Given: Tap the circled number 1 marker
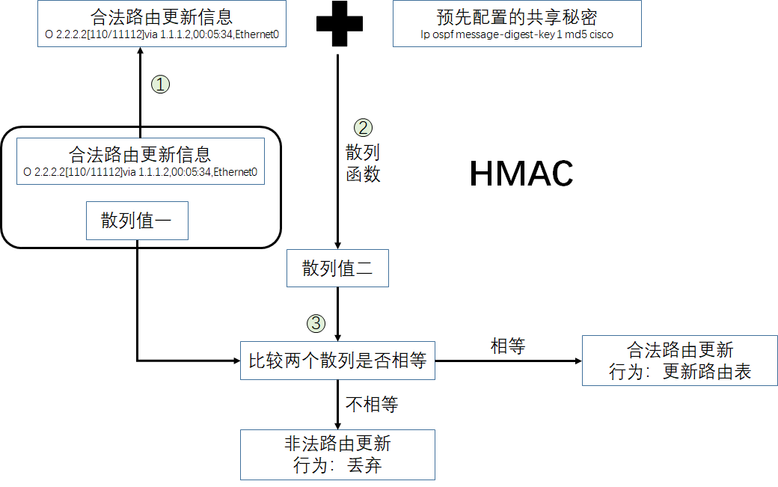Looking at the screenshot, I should [160, 84].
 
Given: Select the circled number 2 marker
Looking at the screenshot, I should [362, 128].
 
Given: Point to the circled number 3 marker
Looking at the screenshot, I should [316, 323].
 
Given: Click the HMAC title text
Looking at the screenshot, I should [521, 174].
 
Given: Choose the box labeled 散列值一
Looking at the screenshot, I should [137, 221].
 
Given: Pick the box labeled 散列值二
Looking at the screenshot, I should [337, 269].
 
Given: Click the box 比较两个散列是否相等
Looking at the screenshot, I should [337, 360].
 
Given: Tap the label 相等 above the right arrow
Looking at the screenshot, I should [508, 346].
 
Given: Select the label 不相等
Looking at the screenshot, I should [372, 405].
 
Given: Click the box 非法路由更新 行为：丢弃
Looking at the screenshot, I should [337, 454].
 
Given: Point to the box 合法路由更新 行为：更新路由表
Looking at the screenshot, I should [679, 361].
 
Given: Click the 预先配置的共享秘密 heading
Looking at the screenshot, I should [517, 17].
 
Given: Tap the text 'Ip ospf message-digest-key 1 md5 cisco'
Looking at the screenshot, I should [517, 34].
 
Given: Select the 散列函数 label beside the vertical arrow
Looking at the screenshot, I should [363, 164].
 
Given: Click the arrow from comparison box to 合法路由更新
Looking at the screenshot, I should [508, 361].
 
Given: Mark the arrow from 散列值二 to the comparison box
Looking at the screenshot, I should [337, 314].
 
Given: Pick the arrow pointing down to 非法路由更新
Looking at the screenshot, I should [337, 404].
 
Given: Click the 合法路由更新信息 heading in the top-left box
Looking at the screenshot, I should [161, 17].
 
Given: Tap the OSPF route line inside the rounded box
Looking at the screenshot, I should [140, 172].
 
